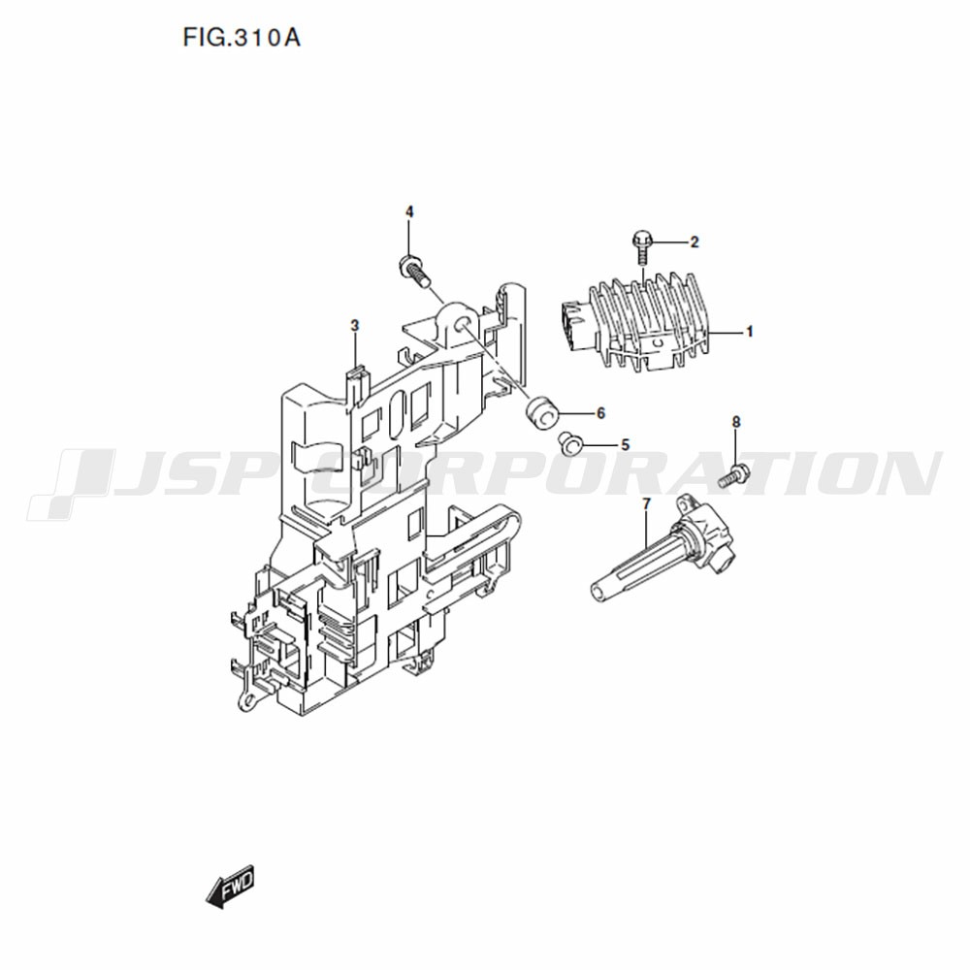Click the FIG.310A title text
point(242,39)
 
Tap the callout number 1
point(750,332)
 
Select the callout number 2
point(695,242)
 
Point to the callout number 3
point(354,325)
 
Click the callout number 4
point(409,212)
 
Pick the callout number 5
point(625,445)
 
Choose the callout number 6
point(600,413)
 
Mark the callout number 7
point(647,504)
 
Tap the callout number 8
point(735,422)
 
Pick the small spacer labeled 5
point(570,443)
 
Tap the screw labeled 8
point(733,474)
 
